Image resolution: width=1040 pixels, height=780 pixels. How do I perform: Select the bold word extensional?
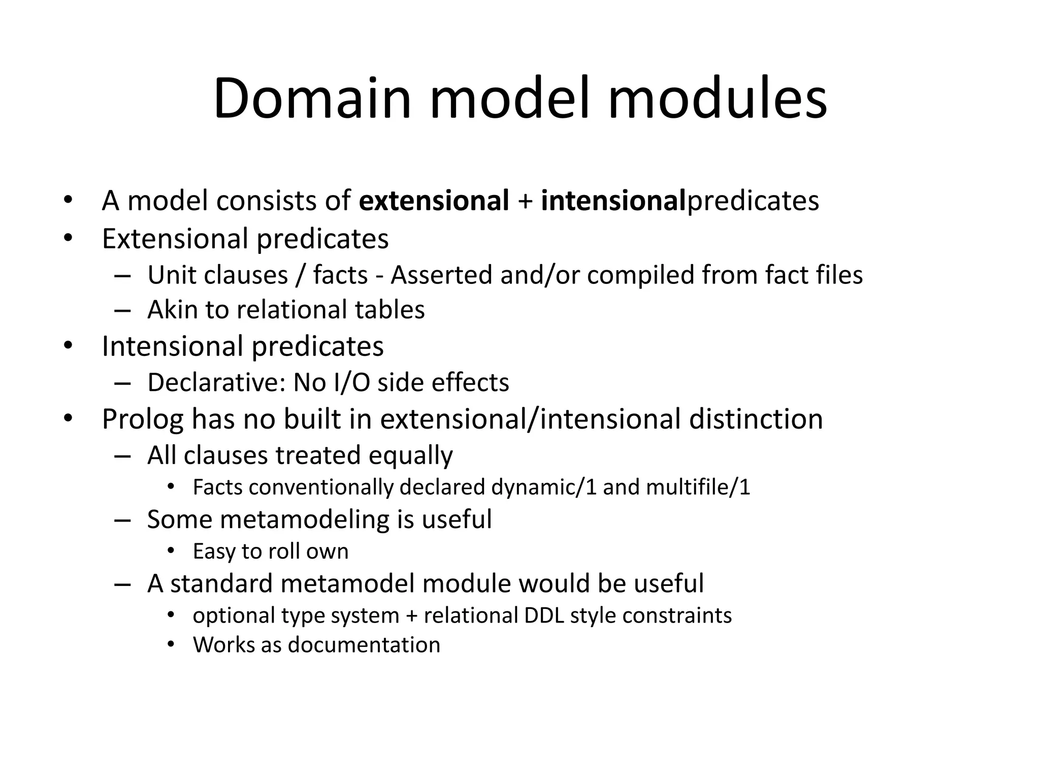(x=434, y=201)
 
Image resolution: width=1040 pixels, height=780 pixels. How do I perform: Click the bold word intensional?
(x=613, y=201)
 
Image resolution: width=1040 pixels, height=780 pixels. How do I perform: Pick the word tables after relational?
(x=389, y=310)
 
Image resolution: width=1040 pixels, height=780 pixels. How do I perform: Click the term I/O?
(x=352, y=382)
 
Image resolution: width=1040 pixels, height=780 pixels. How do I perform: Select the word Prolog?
(x=143, y=420)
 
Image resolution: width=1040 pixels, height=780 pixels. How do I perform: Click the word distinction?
(x=756, y=419)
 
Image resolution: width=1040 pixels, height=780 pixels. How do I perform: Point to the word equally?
(x=410, y=456)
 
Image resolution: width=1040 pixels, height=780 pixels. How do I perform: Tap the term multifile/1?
(x=698, y=487)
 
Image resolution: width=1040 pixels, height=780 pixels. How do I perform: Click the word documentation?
(x=364, y=645)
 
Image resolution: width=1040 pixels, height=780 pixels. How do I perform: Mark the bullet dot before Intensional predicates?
(x=68, y=346)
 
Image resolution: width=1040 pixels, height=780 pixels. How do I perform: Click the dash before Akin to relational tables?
(x=123, y=310)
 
